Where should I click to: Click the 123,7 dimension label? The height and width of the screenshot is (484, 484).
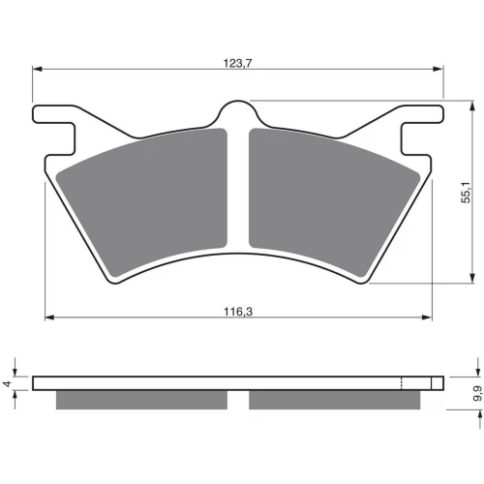(237, 63)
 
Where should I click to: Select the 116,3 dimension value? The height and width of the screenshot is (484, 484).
(238, 312)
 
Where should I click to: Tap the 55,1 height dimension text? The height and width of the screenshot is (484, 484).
(467, 193)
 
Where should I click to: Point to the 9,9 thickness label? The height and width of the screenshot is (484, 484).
(477, 393)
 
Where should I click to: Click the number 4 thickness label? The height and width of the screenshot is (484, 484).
(7, 383)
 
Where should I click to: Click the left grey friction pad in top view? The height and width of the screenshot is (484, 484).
(142, 201)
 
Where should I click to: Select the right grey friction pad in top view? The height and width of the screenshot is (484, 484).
(335, 201)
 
